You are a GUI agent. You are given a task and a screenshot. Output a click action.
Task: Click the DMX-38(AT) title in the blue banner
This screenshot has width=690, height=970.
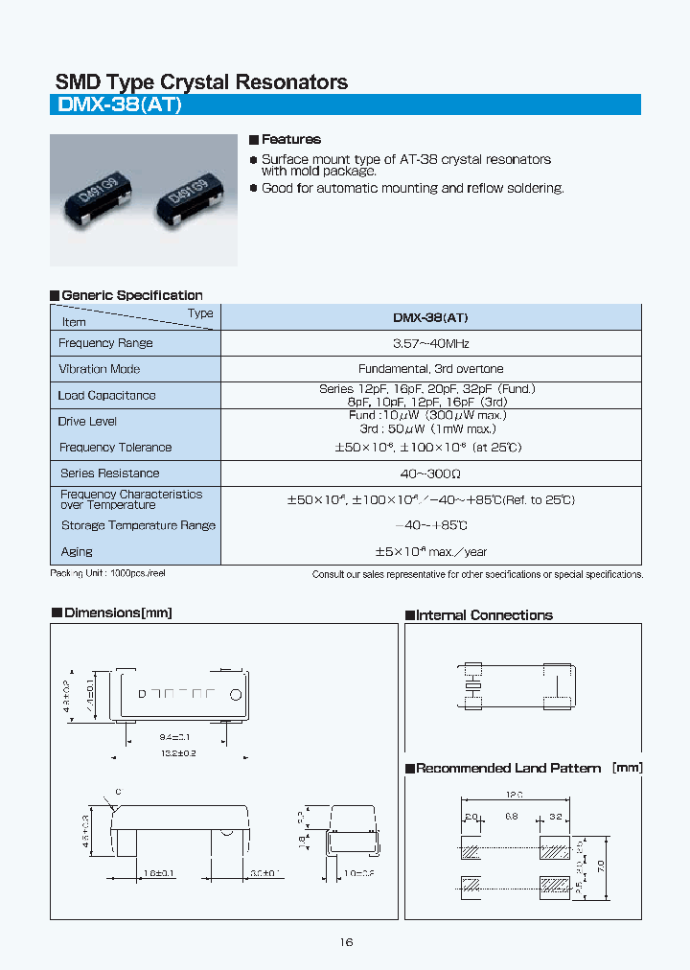pos(120,105)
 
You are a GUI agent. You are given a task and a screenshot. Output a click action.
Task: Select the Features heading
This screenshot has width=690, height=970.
pos(290,140)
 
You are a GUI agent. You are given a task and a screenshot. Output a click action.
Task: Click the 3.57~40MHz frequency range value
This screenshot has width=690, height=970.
pos(430,343)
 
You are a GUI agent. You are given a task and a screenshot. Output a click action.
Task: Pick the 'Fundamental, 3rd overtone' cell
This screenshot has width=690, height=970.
pos(430,369)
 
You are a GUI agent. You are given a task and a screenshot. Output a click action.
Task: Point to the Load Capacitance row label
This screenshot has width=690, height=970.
pos(106,395)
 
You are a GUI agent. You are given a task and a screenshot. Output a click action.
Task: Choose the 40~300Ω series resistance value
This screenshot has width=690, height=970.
pos(430,473)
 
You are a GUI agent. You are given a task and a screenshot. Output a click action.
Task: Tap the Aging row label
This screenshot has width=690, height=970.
pos(77,552)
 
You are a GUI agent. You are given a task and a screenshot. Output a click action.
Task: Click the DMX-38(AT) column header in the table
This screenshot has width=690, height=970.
pos(430,317)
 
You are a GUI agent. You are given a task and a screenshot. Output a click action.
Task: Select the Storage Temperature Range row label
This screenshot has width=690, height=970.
pos(138,525)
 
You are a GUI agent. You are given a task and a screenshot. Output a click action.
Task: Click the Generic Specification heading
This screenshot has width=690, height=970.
pos(131,295)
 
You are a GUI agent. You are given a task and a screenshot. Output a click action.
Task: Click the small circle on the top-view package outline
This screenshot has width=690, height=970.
pos(233,692)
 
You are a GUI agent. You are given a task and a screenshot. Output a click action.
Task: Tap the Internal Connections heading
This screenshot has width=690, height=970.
pos(484,615)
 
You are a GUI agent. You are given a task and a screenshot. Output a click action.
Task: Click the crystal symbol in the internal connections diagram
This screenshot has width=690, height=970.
pos(471,687)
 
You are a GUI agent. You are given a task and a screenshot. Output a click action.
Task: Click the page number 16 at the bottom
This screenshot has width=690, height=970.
pos(346,942)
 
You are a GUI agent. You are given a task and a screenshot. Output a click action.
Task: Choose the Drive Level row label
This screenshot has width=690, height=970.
pos(87,422)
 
